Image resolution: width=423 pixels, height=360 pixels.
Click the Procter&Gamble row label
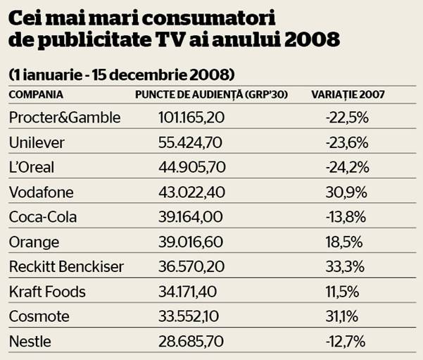[65, 117]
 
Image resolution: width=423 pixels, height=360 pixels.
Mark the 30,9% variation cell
[345, 192]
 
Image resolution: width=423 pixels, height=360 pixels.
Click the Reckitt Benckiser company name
[66, 267]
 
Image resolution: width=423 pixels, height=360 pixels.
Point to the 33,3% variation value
[345, 267]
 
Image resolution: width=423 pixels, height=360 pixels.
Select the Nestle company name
[31, 342]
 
